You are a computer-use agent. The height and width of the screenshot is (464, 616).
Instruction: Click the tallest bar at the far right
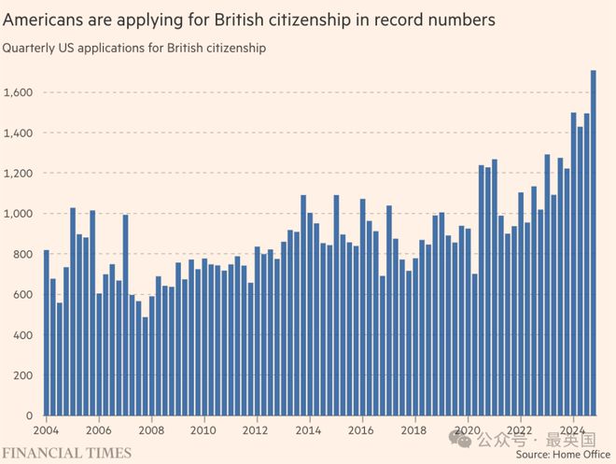coord(594,243)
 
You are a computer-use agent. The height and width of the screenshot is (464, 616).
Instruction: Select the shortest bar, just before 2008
coord(146,366)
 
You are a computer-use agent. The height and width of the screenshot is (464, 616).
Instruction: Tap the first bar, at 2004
coord(47,332)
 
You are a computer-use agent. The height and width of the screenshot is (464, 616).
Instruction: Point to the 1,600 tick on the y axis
coord(18,92)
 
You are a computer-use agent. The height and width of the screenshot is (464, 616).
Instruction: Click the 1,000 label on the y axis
coord(18,214)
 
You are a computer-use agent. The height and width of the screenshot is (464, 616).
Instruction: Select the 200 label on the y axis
coord(22,375)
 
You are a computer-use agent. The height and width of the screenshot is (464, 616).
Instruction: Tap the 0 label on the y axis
coord(29,415)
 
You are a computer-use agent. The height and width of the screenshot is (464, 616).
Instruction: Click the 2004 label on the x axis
coord(46,430)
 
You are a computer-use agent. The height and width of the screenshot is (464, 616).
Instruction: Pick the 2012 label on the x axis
coord(256,430)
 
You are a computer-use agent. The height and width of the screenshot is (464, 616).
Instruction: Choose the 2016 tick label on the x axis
coord(360,430)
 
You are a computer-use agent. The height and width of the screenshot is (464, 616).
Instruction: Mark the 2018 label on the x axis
coord(413,430)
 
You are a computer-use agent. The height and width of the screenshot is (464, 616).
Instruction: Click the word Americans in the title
coord(43,20)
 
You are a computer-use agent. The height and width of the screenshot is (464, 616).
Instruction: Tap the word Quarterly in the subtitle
coord(29,49)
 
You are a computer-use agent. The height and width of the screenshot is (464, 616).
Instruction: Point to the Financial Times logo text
coord(67,453)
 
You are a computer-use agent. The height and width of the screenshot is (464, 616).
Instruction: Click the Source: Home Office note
coord(563,455)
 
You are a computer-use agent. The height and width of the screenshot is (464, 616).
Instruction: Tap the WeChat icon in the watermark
coord(459,439)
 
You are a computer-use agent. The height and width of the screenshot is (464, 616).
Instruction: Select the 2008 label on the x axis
coord(151,430)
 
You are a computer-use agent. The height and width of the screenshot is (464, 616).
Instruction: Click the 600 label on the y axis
coord(22,295)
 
